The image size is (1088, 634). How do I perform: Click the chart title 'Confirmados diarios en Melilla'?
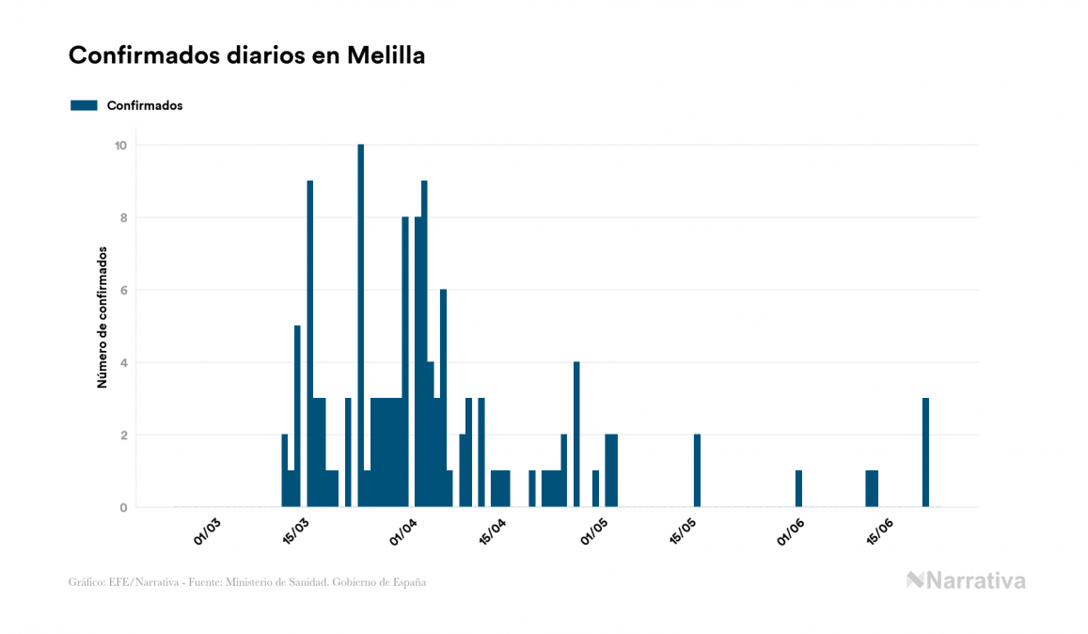click(x=246, y=55)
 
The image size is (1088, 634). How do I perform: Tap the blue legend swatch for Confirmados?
click(x=84, y=105)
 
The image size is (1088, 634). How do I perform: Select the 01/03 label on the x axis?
click(x=207, y=531)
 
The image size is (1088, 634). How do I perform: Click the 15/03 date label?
click(x=296, y=531)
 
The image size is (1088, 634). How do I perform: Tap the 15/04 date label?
click(x=494, y=531)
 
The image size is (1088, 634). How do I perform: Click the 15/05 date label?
click(x=685, y=531)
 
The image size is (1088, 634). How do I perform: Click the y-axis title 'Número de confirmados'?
click(x=102, y=318)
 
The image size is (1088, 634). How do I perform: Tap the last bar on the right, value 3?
click(x=925, y=452)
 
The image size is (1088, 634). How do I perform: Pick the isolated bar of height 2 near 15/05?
click(x=697, y=470)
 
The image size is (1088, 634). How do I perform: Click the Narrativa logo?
click(x=966, y=580)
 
